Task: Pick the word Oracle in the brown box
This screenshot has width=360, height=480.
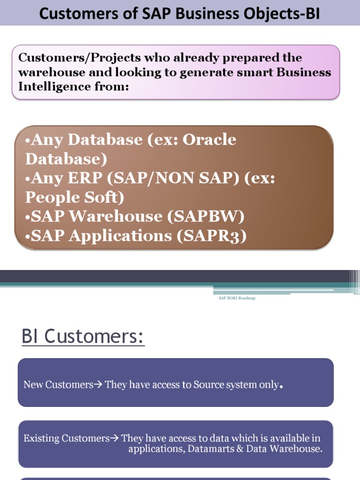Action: (x=209, y=139)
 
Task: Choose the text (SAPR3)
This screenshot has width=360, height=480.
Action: (x=211, y=236)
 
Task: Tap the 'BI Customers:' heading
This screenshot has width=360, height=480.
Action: (x=83, y=337)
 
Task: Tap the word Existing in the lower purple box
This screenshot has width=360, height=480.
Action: (x=42, y=439)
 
